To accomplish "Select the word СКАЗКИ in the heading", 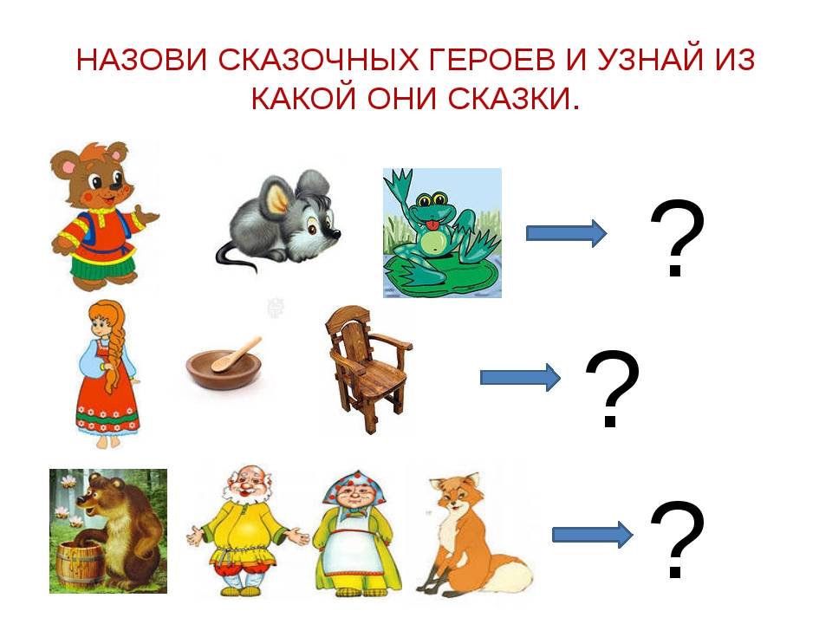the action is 509,98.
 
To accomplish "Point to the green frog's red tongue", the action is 433,228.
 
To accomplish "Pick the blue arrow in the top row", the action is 566,233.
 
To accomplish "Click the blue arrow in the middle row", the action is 520,377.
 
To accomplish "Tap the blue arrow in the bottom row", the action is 592,535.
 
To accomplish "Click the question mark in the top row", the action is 677,239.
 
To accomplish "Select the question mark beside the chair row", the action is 612,389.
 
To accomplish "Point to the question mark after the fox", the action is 677,539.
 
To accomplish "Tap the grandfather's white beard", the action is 244,496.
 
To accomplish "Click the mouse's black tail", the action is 236,257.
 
